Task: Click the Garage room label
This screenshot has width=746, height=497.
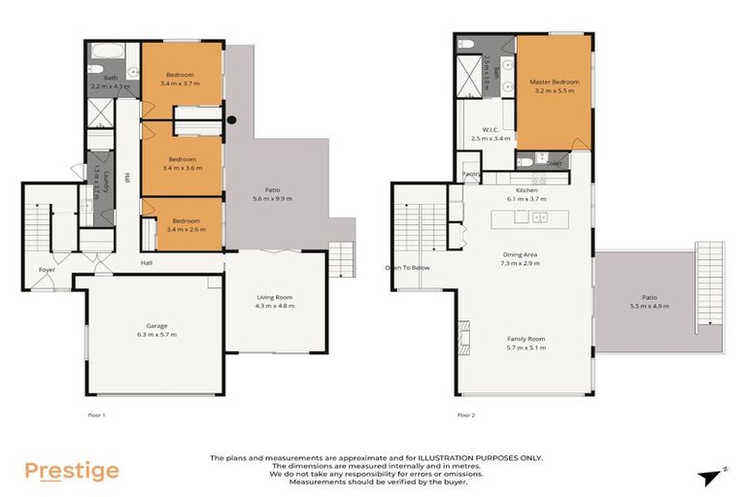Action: click(x=156, y=326)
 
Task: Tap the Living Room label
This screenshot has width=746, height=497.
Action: click(x=273, y=297)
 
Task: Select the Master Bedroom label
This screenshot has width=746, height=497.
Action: click(x=554, y=83)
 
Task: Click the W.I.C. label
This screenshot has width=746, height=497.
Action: click(x=490, y=130)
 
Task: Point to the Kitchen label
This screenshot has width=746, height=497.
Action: click(x=527, y=190)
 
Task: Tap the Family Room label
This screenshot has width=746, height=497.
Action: click(x=526, y=339)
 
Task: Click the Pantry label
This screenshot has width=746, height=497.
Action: click(x=471, y=174)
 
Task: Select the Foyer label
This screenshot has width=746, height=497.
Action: click(x=47, y=269)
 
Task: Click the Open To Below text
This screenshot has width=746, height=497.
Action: click(x=407, y=267)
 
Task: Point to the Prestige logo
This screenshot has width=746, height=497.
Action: click(x=71, y=472)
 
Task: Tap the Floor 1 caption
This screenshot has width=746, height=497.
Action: click(x=95, y=414)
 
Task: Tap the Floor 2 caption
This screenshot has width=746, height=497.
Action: click(x=466, y=414)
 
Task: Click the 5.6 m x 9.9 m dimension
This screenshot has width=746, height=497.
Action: click(x=272, y=198)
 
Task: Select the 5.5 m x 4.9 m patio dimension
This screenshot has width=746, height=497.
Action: click(x=649, y=306)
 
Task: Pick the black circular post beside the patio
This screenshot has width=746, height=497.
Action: click(x=231, y=120)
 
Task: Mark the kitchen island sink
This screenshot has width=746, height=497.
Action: click(x=537, y=216)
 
